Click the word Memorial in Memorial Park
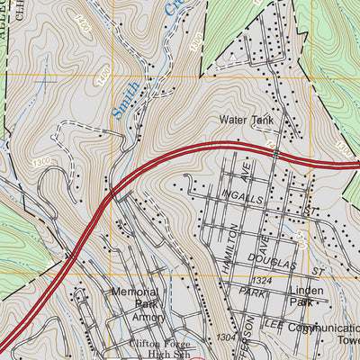[x=135, y=292]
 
